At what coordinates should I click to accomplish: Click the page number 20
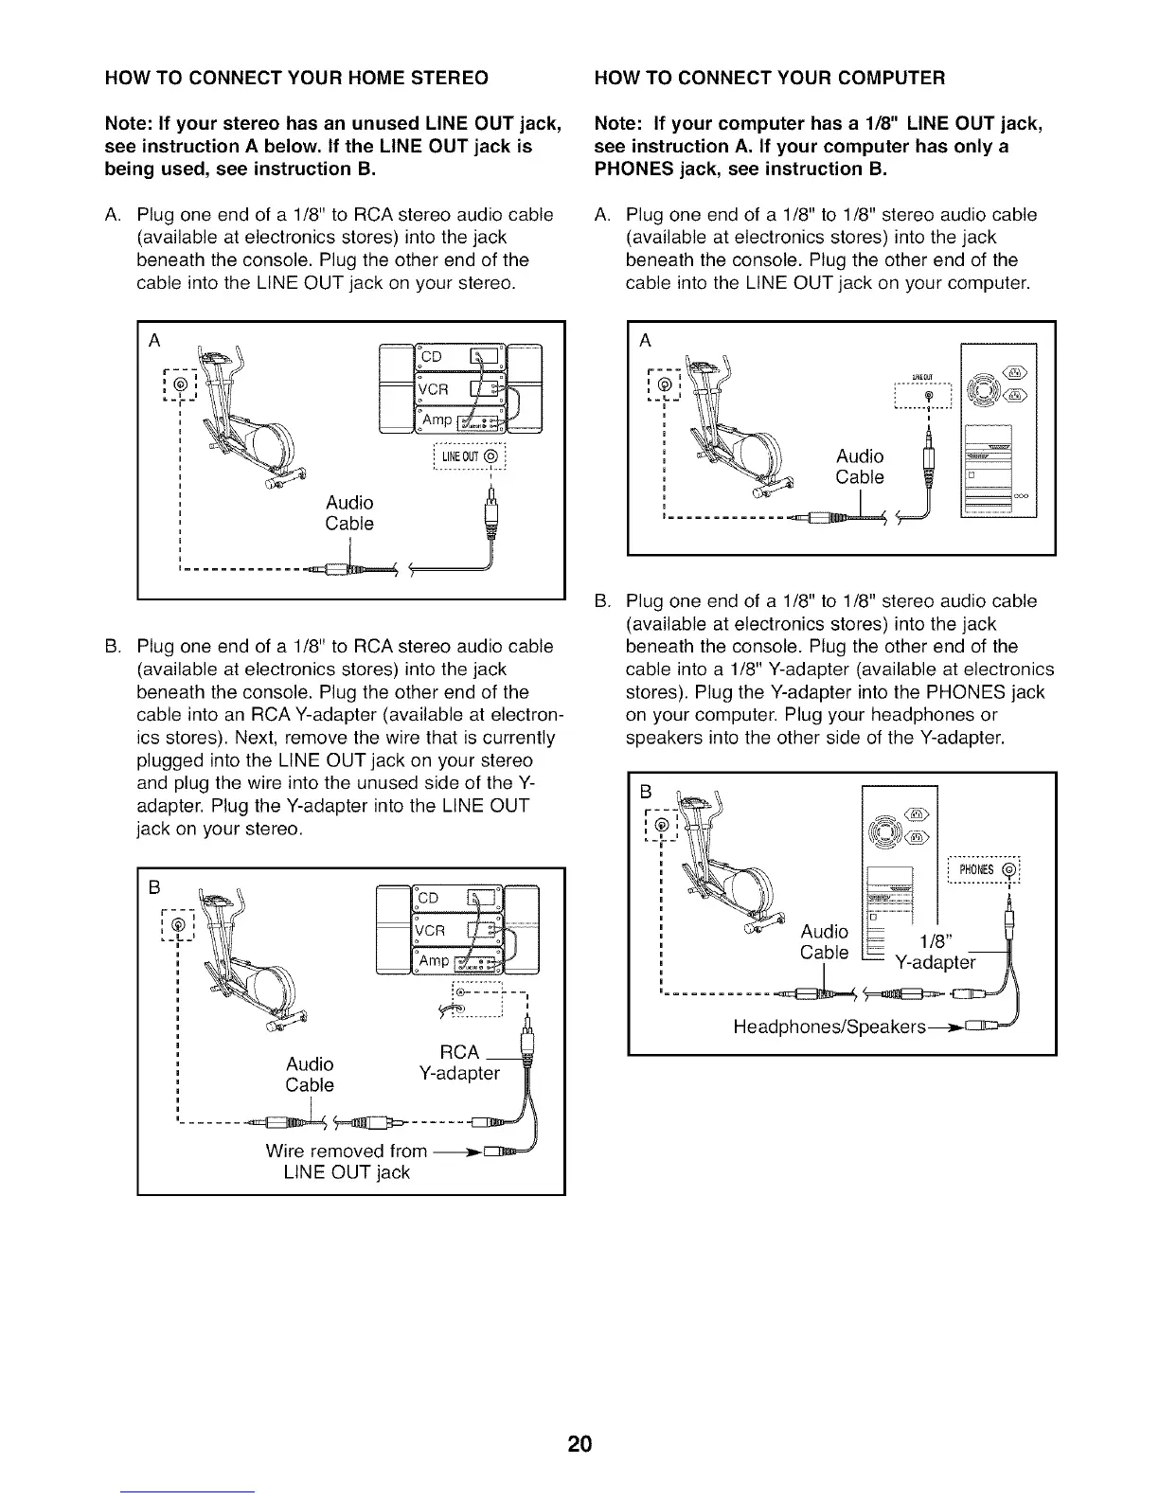click(x=579, y=1444)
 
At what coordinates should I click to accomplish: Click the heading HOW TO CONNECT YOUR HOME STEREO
click(x=296, y=77)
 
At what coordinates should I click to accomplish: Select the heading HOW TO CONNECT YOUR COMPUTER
click(x=769, y=77)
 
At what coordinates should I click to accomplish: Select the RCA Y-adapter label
click(x=459, y=1062)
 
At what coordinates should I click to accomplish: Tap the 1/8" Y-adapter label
click(x=936, y=952)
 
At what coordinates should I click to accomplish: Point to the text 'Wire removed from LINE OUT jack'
click(x=347, y=1162)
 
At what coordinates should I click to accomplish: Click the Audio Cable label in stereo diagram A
click(x=349, y=512)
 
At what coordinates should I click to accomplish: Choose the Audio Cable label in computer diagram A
click(x=860, y=467)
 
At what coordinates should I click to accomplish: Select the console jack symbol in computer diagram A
click(x=664, y=384)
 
